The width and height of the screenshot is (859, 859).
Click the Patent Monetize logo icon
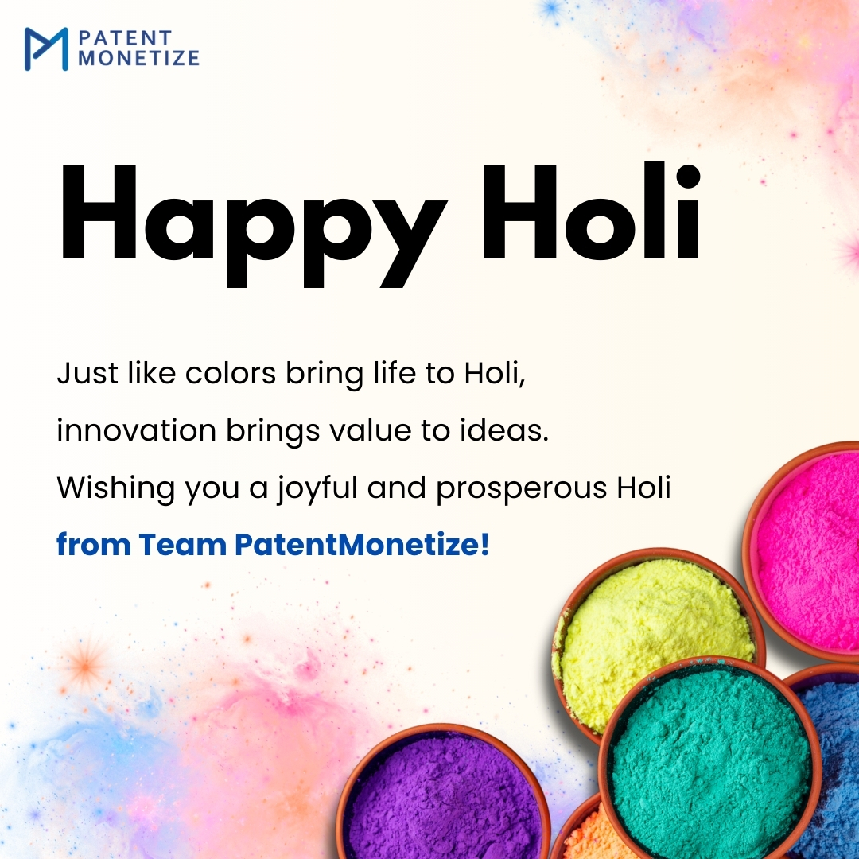point(46,49)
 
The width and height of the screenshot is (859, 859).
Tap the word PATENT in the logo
point(124,38)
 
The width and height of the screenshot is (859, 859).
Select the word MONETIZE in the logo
point(138,58)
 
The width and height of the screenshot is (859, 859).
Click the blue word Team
point(181,546)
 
